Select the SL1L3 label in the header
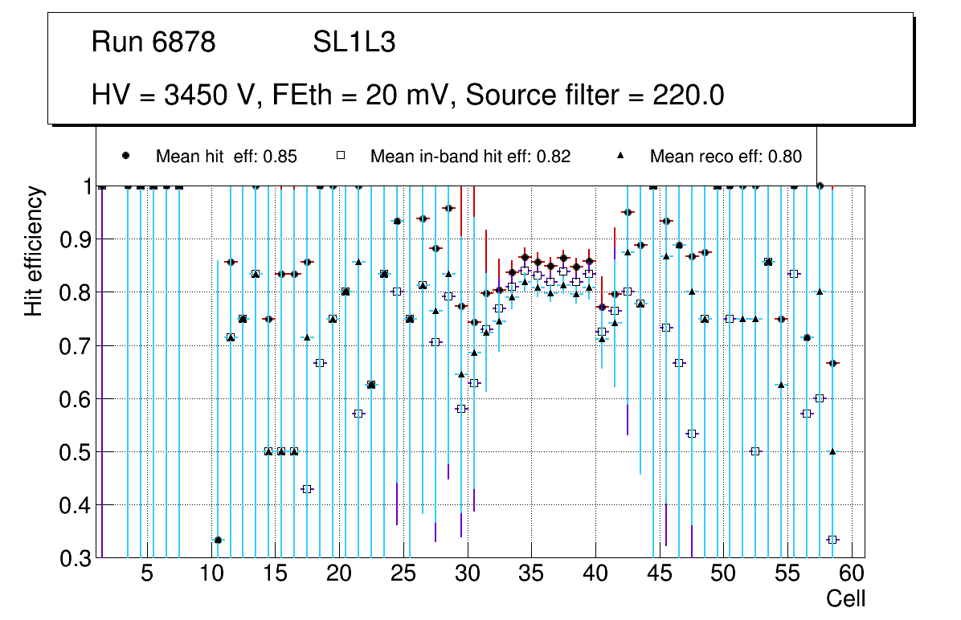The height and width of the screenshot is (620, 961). point(354,43)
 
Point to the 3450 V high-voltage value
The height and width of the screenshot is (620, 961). point(211,96)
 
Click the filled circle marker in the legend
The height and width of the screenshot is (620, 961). point(126,156)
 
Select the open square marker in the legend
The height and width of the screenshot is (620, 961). point(340,156)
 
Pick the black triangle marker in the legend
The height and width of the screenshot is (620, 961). point(620,156)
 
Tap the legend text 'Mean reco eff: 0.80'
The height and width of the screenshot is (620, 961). point(726,157)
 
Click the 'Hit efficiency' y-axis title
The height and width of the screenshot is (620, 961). point(34,251)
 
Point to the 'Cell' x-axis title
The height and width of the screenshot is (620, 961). point(846,598)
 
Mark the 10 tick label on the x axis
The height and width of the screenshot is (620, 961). point(211,574)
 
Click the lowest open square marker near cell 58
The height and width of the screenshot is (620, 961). point(832,540)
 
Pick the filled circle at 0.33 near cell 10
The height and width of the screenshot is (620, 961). point(218,540)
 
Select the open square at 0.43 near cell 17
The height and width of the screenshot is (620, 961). point(307,489)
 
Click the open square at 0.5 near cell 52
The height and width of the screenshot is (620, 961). point(755,451)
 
